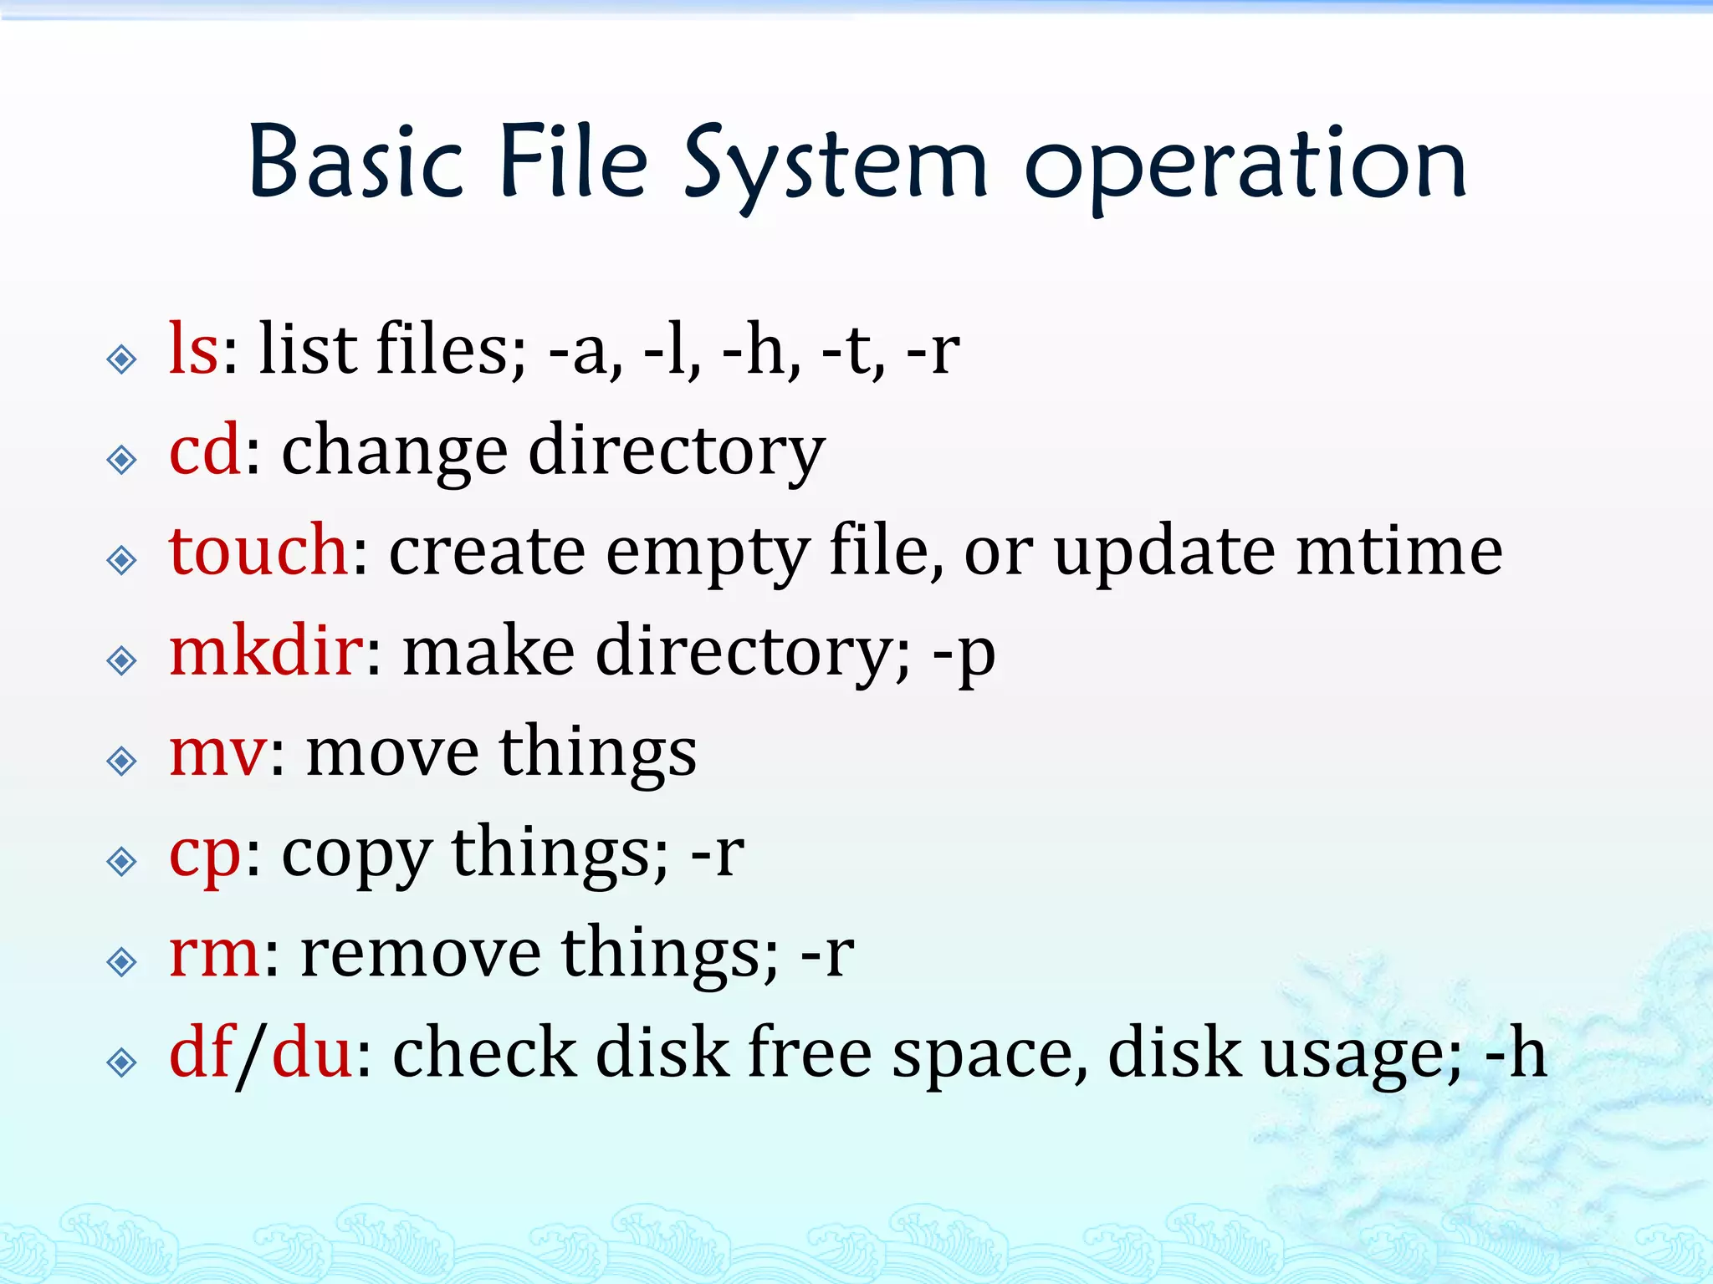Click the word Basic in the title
click(x=355, y=163)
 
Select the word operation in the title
click(x=1246, y=167)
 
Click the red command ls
click(x=194, y=349)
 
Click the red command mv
click(x=218, y=752)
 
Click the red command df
click(x=201, y=1053)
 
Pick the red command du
click(x=311, y=1053)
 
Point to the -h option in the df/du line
click(x=1515, y=1053)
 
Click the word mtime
click(x=1399, y=552)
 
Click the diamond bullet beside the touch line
click(x=122, y=560)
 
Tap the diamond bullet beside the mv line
click(x=122, y=761)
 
